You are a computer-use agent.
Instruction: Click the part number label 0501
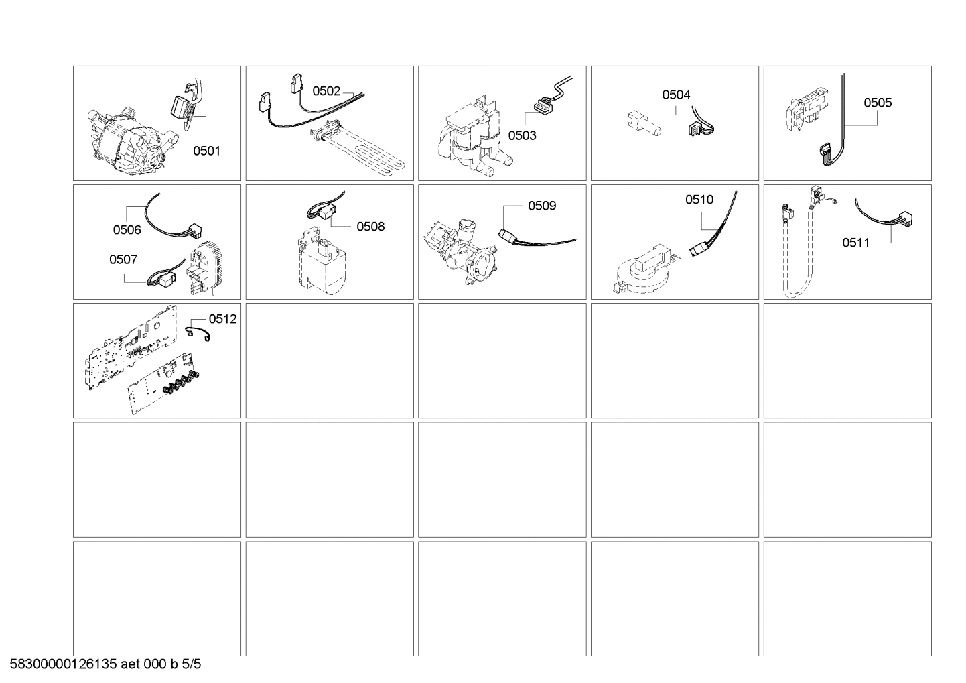pos(206,151)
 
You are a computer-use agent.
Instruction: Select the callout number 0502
pos(326,91)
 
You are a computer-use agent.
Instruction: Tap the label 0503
pos(522,135)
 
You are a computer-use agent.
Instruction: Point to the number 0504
pos(676,95)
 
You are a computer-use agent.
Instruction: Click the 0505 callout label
pos(877,103)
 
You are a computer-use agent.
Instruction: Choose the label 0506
pos(127,230)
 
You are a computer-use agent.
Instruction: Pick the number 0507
pos(123,259)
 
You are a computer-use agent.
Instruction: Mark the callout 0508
pos(370,226)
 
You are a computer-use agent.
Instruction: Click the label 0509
pos(541,206)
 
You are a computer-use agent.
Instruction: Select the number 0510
pos(699,199)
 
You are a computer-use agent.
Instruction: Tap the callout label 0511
pos(855,243)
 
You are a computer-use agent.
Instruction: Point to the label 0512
pos(222,319)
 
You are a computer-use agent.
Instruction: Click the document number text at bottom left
pos(105,664)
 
